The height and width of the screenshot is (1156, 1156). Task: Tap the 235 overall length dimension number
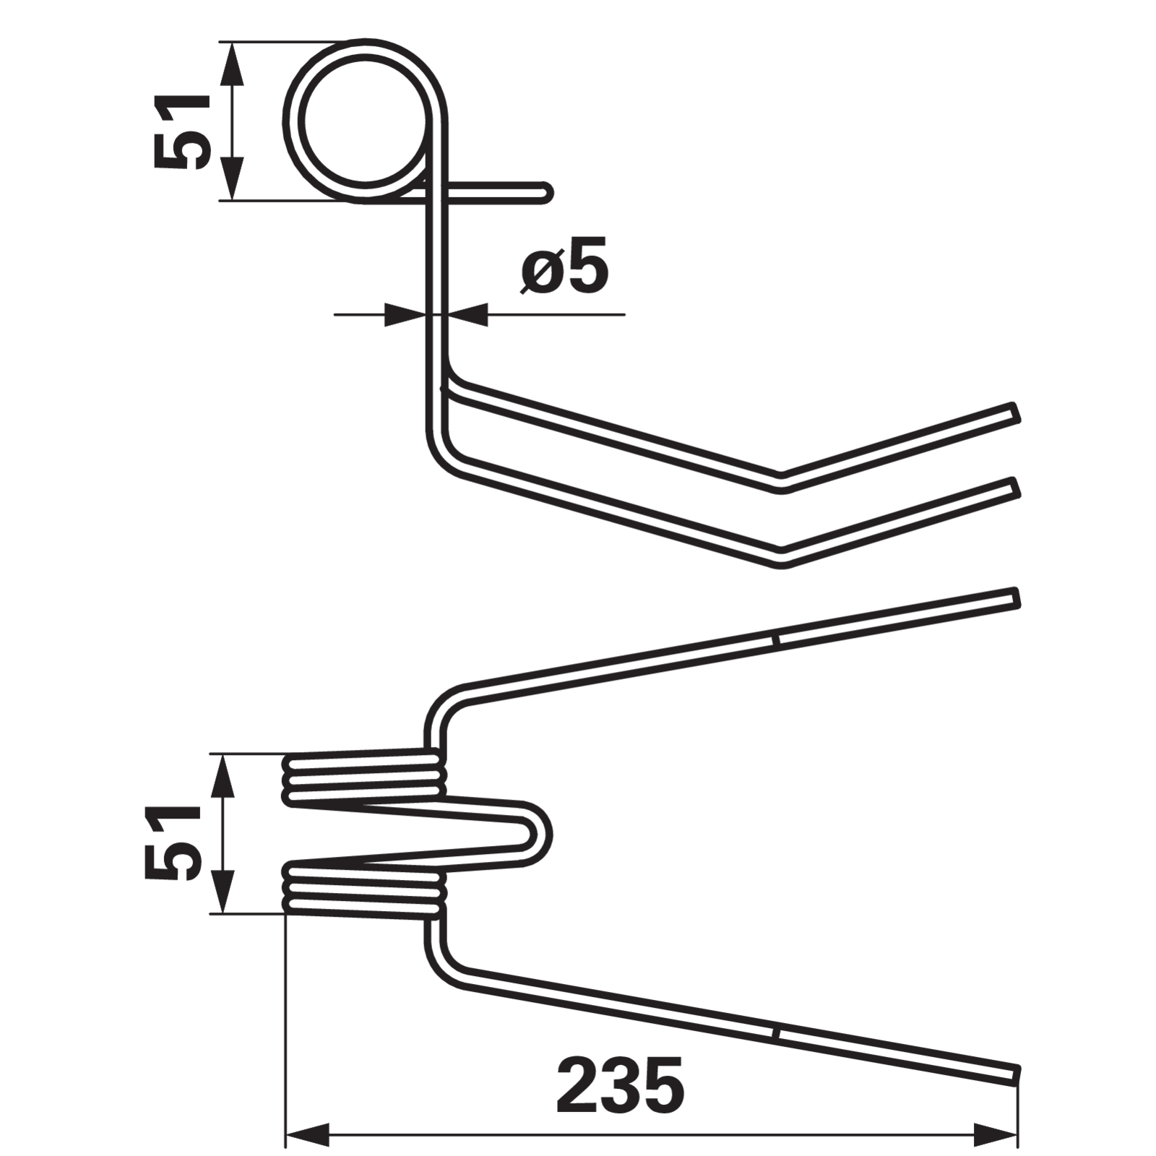(x=620, y=1086)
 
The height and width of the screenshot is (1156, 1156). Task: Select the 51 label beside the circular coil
(x=181, y=131)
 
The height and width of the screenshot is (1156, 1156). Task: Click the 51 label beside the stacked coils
(x=172, y=842)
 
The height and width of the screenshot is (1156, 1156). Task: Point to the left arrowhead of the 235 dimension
(x=308, y=1134)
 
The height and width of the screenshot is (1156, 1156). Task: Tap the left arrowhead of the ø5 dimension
(x=405, y=314)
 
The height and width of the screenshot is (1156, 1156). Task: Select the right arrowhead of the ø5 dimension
(x=467, y=314)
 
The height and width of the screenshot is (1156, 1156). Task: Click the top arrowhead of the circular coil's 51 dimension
(x=231, y=64)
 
